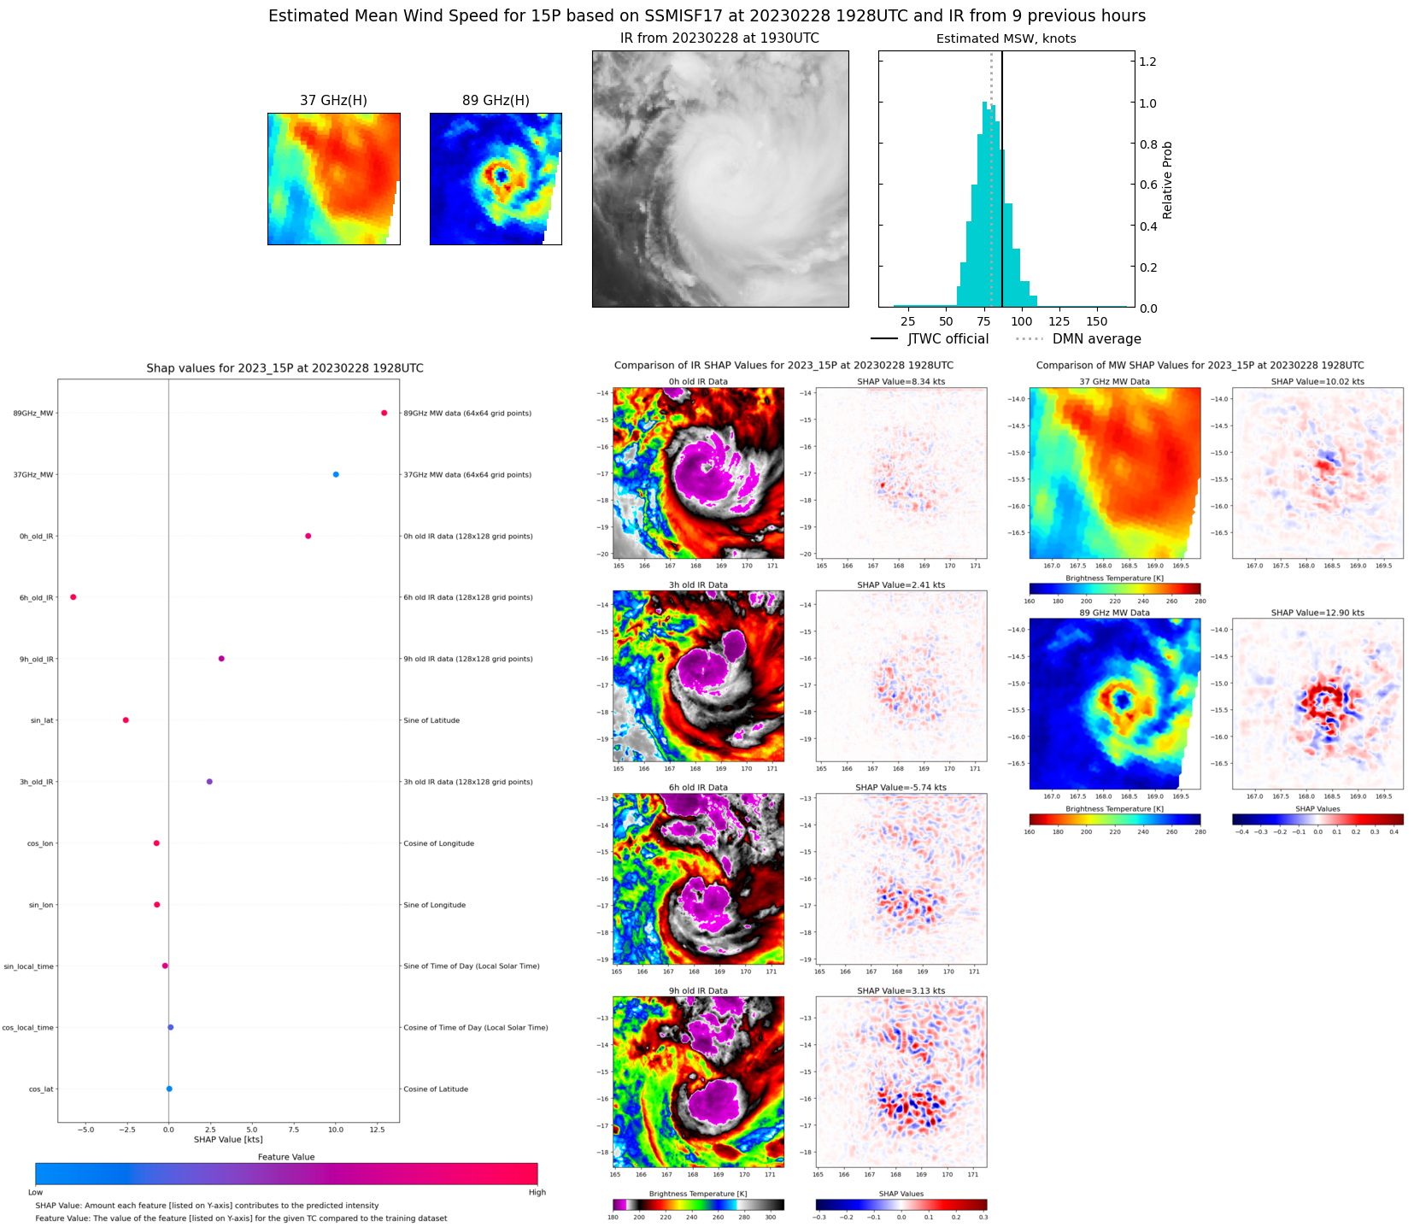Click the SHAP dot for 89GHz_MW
point(384,413)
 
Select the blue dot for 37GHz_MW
point(336,474)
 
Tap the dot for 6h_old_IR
point(73,597)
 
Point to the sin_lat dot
point(126,720)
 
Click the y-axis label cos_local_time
point(27,1028)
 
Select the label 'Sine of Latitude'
point(431,720)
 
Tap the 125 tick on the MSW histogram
point(1059,321)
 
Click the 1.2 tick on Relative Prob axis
point(1147,62)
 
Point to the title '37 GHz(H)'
point(333,101)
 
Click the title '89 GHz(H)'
point(496,101)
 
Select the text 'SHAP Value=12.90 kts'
point(1317,613)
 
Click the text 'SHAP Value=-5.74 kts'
point(901,788)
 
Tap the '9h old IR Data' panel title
point(698,991)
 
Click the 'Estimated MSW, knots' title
point(1006,38)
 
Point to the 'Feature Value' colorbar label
point(286,1157)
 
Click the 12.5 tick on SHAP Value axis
point(378,1130)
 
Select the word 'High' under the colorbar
point(537,1192)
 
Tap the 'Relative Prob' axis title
point(1167,180)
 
